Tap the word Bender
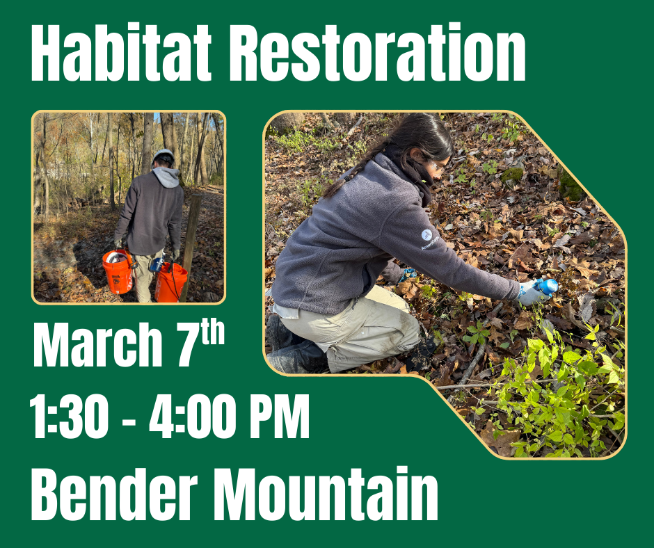(x=113, y=495)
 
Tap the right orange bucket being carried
(x=170, y=282)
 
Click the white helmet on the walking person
(x=163, y=154)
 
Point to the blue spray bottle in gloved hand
(x=547, y=286)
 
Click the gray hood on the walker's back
(x=166, y=177)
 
